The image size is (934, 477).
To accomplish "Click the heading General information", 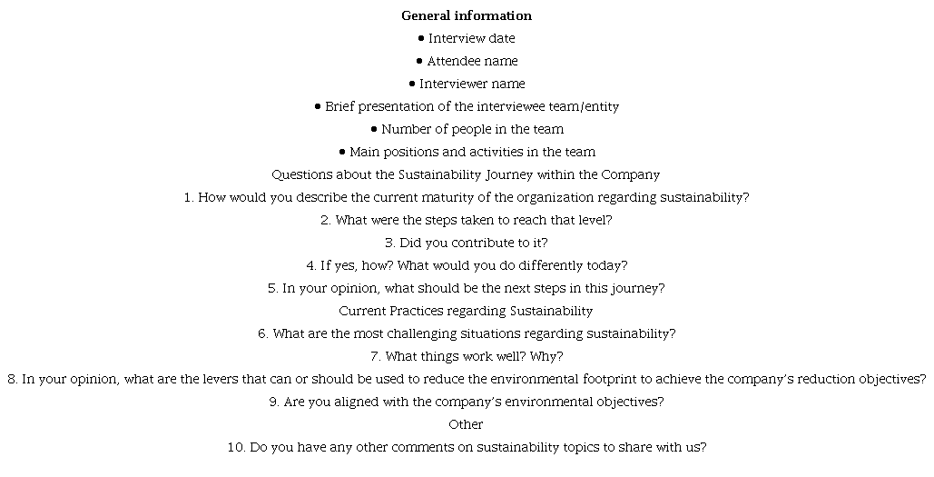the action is pyautogui.click(x=467, y=15).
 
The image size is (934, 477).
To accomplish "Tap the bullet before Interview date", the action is pyautogui.click(x=421, y=38).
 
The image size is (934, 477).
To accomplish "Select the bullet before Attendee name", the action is pyautogui.click(x=419, y=61).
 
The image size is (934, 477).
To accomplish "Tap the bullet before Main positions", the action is pyautogui.click(x=342, y=152).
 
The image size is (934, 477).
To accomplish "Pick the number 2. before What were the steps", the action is pyautogui.click(x=326, y=220).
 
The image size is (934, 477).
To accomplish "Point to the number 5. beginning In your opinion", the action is pyautogui.click(x=272, y=288).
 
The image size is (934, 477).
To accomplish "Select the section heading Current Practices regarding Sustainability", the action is pyautogui.click(x=466, y=311).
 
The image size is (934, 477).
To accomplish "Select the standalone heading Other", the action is pyautogui.click(x=466, y=424).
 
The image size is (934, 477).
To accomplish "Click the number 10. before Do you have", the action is pyautogui.click(x=236, y=447).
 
